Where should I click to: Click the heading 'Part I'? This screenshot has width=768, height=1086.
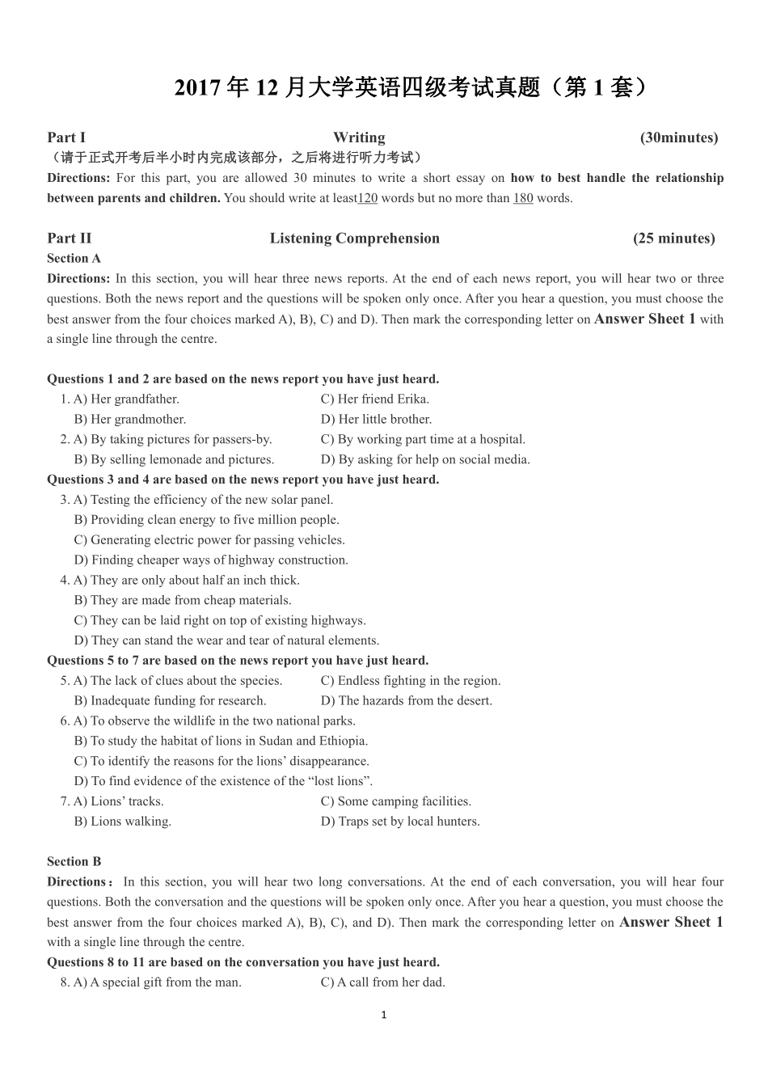pyautogui.click(x=66, y=137)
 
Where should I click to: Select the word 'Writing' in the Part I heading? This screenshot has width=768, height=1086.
pyautogui.click(x=359, y=137)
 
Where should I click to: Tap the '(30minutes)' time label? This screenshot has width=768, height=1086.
pyautogui.click(x=679, y=137)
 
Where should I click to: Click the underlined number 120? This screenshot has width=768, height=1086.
pyautogui.click(x=368, y=198)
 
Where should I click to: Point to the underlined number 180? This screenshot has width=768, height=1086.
pyautogui.click(x=523, y=198)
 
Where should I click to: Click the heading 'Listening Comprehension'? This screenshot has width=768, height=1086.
pyautogui.click(x=355, y=239)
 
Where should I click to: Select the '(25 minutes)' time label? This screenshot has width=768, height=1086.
pyautogui.click(x=674, y=239)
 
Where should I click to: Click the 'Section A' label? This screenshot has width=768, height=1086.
pyautogui.click(x=74, y=259)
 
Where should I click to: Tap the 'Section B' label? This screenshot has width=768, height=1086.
pyautogui.click(x=74, y=862)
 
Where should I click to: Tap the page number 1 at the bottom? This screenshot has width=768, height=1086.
pyautogui.click(x=384, y=1015)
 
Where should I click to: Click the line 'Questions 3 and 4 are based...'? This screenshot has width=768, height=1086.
pyautogui.click(x=243, y=480)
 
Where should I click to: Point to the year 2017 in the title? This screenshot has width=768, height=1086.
pyautogui.click(x=198, y=88)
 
